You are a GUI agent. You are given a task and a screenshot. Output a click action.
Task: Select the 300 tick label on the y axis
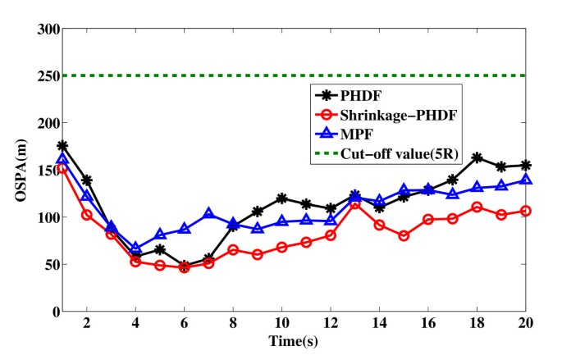[48, 29]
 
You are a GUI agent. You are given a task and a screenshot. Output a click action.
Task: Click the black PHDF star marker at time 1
[62, 146]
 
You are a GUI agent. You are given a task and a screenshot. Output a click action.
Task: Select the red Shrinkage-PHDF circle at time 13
[354, 203]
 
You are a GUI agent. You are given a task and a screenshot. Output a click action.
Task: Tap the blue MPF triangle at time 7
[208, 214]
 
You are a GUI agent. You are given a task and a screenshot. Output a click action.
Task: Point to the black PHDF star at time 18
[477, 157]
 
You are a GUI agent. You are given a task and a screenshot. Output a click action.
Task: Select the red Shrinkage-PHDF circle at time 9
[257, 254]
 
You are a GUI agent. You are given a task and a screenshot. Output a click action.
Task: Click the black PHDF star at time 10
[281, 198]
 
